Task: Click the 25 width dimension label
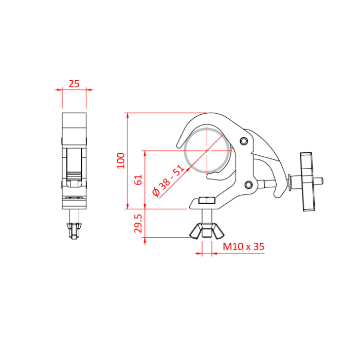coord(74,83)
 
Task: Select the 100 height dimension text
coord(121,161)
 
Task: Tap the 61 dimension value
coord(137,180)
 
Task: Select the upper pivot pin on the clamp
coord(244,141)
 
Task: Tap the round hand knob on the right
coord(308,181)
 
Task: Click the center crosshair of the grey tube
coord(208,151)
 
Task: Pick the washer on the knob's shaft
coord(292,181)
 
